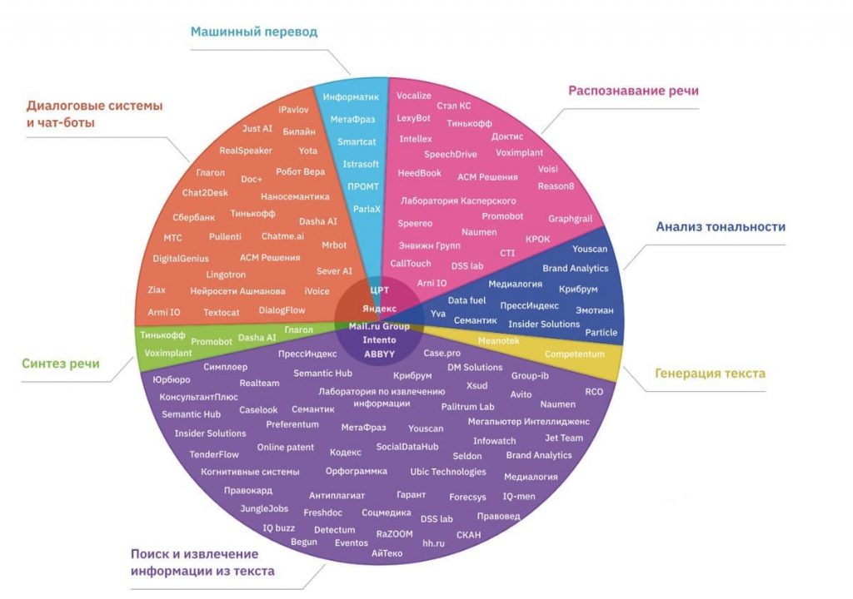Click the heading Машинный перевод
(x=254, y=32)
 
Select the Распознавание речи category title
(x=633, y=91)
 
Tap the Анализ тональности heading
(x=721, y=226)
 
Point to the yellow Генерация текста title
(x=710, y=374)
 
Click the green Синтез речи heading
(x=61, y=364)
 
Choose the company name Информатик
(x=351, y=97)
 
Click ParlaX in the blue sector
(x=367, y=209)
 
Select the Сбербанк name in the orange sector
(x=193, y=217)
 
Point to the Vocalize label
(x=413, y=96)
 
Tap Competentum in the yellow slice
(x=574, y=354)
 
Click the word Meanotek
(x=499, y=340)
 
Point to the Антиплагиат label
(x=337, y=496)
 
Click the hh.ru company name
(x=434, y=542)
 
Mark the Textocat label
(x=222, y=313)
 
